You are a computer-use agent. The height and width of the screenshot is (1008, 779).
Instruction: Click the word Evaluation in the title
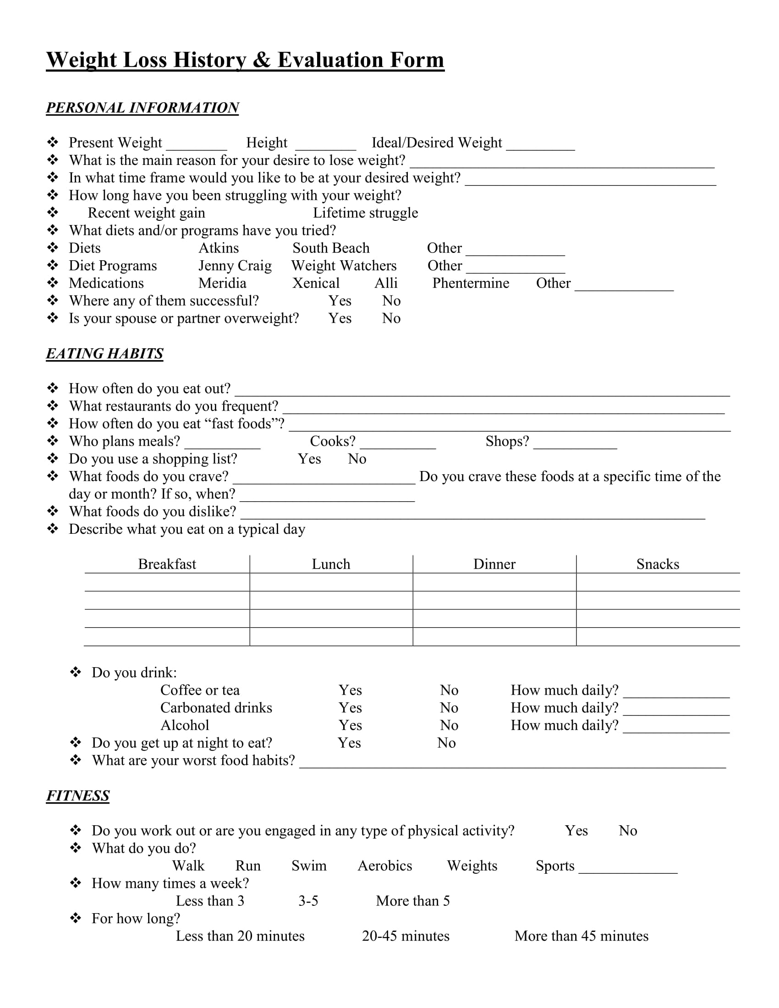(x=330, y=60)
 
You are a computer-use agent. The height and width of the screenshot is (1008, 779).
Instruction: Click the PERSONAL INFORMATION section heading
(x=142, y=108)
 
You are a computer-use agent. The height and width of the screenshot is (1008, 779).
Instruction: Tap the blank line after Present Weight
(x=197, y=147)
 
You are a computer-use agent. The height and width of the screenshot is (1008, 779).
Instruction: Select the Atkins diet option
(x=219, y=248)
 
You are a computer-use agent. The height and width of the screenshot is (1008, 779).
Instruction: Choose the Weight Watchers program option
(x=344, y=266)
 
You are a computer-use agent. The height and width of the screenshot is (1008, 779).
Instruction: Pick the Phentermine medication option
(x=471, y=283)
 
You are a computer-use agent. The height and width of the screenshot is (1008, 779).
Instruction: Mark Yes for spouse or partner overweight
(x=340, y=318)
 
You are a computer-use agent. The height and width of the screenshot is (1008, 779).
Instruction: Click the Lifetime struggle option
(x=366, y=213)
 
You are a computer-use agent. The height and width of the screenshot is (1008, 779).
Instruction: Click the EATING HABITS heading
(x=105, y=354)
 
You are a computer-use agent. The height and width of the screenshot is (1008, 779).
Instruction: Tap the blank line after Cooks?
(x=398, y=445)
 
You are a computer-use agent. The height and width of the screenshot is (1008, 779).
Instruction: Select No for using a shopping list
(x=357, y=459)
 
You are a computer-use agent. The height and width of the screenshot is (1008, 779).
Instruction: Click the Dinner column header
(x=494, y=564)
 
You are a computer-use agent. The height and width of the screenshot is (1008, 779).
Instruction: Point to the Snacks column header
(x=658, y=564)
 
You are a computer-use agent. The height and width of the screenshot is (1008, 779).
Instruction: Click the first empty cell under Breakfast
(x=167, y=582)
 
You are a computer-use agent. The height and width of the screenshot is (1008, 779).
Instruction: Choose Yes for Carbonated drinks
(x=350, y=708)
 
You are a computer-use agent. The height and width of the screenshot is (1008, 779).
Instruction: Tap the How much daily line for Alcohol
(x=676, y=730)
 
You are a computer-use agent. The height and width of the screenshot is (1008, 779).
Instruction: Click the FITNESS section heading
(x=78, y=796)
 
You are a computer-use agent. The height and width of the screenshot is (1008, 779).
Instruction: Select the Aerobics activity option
(x=385, y=866)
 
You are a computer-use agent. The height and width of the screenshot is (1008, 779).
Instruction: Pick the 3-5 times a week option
(x=308, y=901)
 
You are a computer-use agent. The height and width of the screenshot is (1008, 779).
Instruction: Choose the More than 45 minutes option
(x=582, y=936)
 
